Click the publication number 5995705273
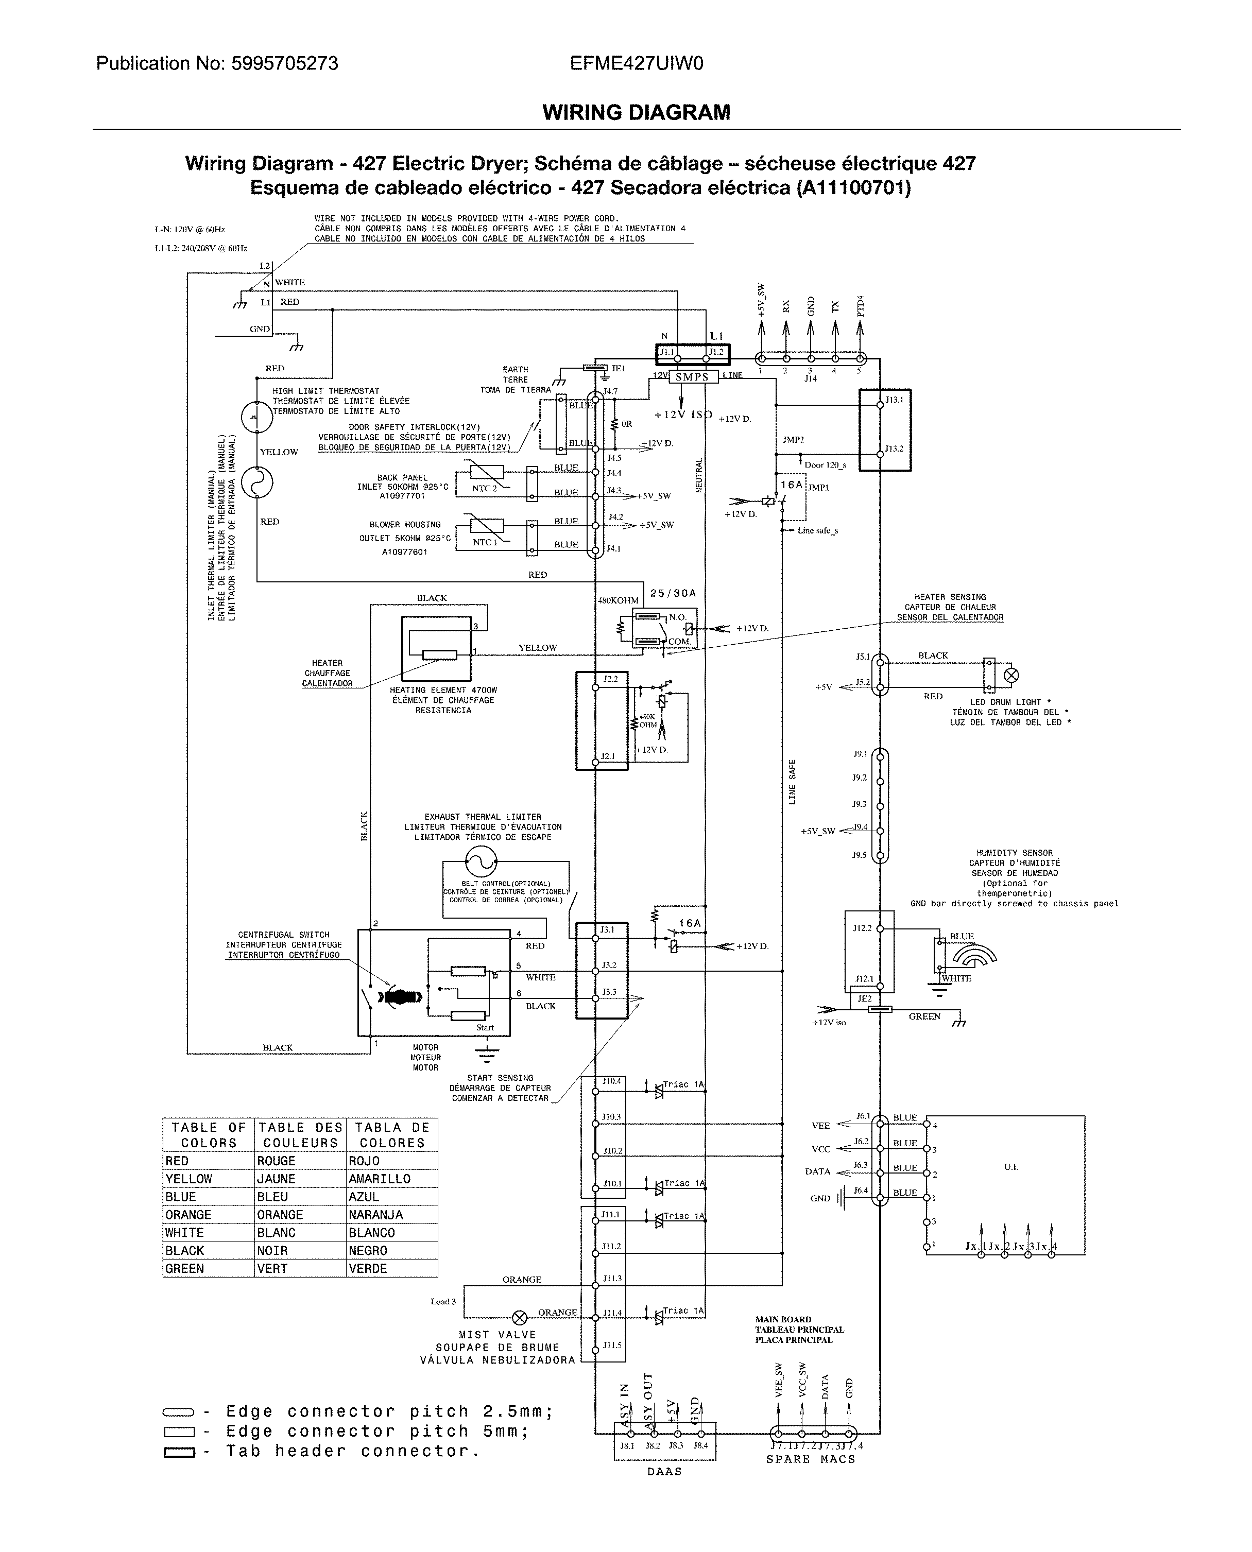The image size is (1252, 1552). [284, 63]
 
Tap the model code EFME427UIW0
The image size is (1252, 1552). [636, 63]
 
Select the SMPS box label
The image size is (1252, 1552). [692, 377]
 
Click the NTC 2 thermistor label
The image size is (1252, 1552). [485, 488]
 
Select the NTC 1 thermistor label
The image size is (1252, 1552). [485, 542]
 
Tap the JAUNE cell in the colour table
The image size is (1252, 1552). [276, 1179]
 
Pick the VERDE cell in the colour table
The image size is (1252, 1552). [368, 1269]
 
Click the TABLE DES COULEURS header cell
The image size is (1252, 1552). [300, 1135]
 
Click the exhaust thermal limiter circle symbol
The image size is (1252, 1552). [481, 859]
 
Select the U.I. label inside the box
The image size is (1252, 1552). [1010, 1166]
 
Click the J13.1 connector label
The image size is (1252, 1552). [894, 400]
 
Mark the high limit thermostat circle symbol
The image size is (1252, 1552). [257, 417]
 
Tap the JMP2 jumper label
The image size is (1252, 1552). [793, 439]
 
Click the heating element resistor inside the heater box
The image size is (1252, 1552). [439, 655]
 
